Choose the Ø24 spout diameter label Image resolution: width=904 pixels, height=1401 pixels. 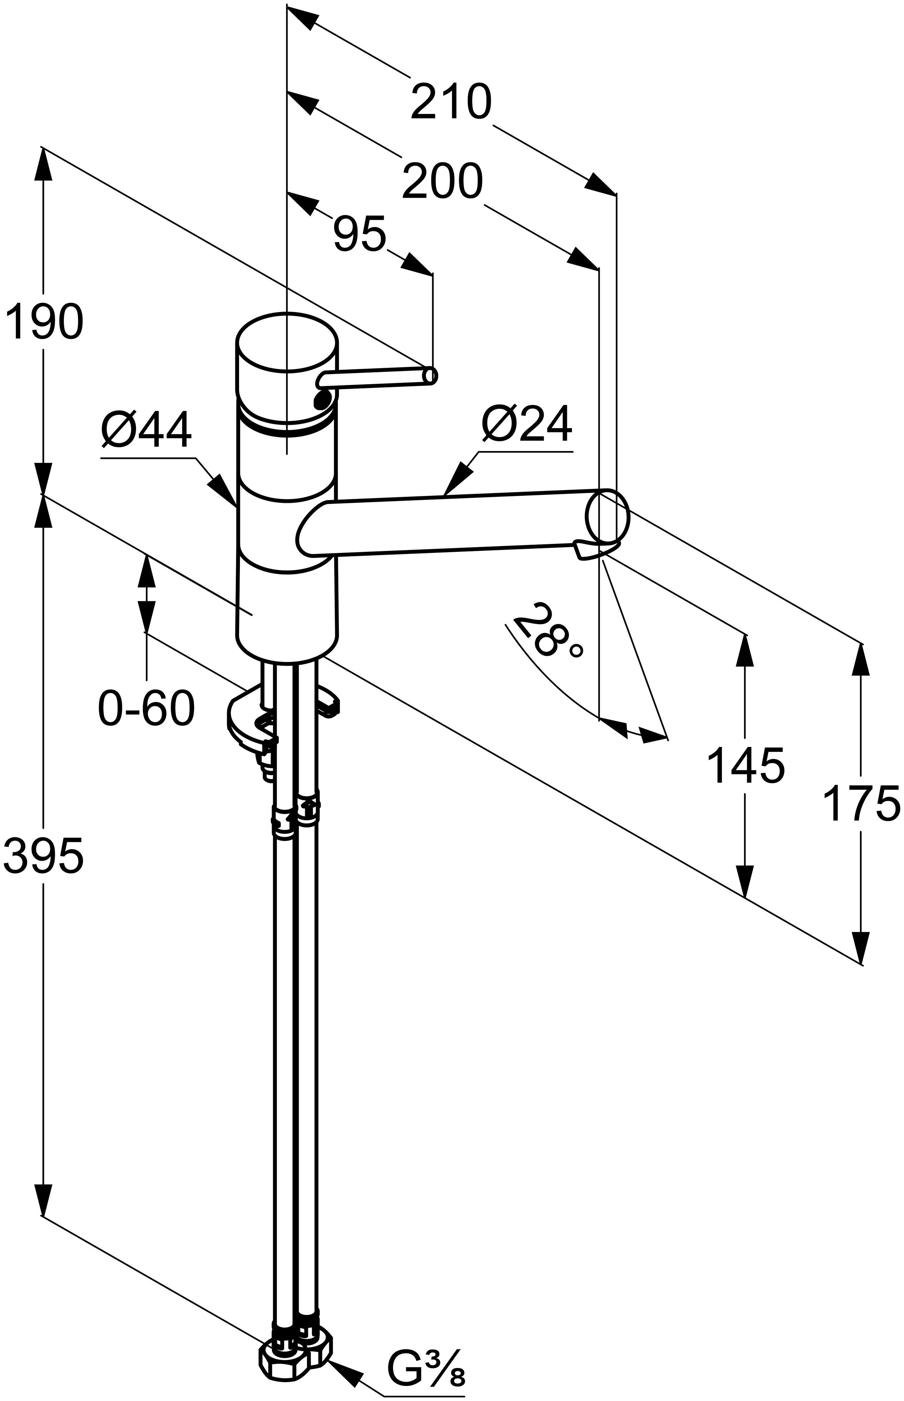pos(527,424)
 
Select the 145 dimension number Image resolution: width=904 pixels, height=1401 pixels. pos(746,765)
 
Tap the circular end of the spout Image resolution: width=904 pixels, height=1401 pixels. pos(608,516)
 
